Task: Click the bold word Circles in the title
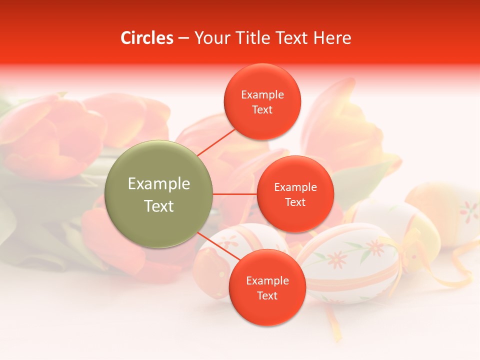click(x=146, y=38)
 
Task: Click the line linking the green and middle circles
click(x=234, y=194)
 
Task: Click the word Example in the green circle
click(x=158, y=184)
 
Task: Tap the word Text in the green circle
click(x=158, y=206)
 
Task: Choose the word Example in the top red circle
click(x=262, y=94)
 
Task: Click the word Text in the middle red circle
click(x=295, y=202)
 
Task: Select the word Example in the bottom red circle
click(x=267, y=280)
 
